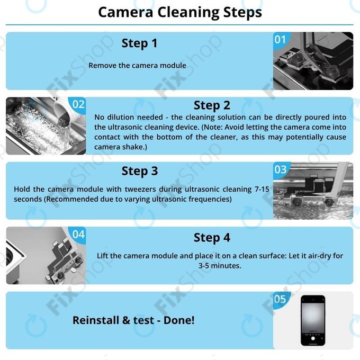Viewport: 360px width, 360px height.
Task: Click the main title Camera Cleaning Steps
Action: [x=180, y=12]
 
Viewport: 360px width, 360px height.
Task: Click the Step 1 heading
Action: [x=139, y=43]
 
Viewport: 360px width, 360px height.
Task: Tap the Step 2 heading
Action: [x=211, y=105]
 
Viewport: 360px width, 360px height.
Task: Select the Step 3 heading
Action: [x=139, y=171]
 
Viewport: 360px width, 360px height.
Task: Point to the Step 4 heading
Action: [x=211, y=238]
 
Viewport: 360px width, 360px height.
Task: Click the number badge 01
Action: [x=280, y=39]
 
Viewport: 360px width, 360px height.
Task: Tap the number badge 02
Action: [x=78, y=104]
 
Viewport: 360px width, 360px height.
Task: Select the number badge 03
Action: [x=280, y=169]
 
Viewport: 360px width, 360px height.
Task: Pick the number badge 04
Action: [x=78, y=234]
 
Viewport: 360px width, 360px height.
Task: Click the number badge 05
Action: [x=280, y=300]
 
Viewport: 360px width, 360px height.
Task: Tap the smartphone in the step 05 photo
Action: [x=313, y=320]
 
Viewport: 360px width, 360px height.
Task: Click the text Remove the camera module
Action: [x=137, y=66]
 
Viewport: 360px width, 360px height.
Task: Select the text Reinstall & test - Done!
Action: [x=133, y=320]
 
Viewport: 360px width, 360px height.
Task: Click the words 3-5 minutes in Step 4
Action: [x=220, y=266]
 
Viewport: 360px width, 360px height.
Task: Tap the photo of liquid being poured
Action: [x=46, y=126]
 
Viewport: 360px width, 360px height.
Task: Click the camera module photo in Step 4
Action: [x=46, y=256]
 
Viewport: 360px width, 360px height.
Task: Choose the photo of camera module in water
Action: [x=313, y=191]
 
